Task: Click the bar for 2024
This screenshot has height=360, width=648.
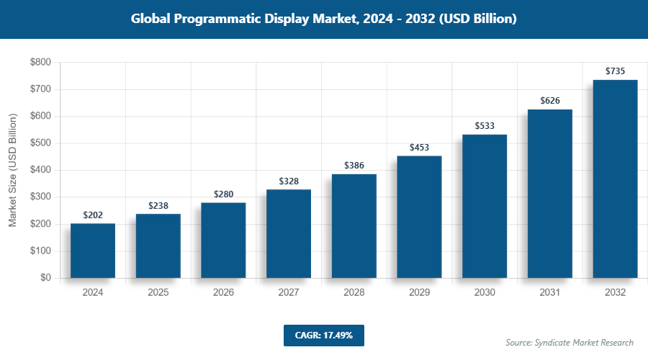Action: [93, 251]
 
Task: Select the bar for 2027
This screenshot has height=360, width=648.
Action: [289, 233]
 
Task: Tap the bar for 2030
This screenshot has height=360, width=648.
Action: [485, 206]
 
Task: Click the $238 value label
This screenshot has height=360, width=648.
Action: [158, 206]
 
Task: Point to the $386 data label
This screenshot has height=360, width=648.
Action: [354, 166]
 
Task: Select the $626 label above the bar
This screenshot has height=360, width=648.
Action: [550, 101]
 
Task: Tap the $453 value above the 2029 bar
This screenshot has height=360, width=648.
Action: [419, 148]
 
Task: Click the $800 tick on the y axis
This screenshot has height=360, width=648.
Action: [40, 63]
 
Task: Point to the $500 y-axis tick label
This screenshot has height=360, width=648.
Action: [40, 143]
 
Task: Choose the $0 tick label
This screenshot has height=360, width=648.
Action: [45, 278]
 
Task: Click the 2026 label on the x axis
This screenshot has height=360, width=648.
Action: [223, 293]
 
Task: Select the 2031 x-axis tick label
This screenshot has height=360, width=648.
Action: [550, 293]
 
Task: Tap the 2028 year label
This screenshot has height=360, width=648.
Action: [354, 293]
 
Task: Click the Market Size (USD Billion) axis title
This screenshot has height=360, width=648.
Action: [12, 170]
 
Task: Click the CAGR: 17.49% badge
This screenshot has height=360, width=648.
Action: [324, 336]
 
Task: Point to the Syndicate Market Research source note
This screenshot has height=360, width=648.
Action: [570, 343]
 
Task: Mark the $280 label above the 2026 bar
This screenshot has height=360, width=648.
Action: [223, 194]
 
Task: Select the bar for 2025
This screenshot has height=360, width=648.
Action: [158, 246]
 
